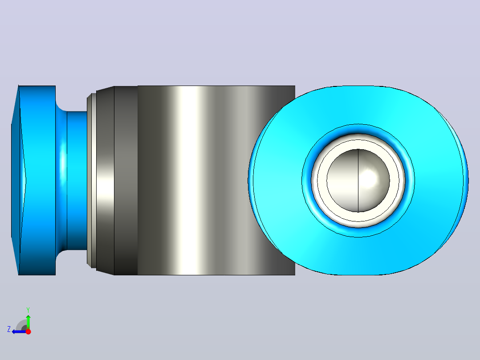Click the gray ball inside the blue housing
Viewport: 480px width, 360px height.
coord(358,180)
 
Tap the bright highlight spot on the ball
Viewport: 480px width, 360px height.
coord(369,176)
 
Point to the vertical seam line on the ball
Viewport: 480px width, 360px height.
coord(358,180)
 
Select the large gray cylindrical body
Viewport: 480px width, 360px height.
coord(216,180)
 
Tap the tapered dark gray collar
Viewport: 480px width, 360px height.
coord(105,180)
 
